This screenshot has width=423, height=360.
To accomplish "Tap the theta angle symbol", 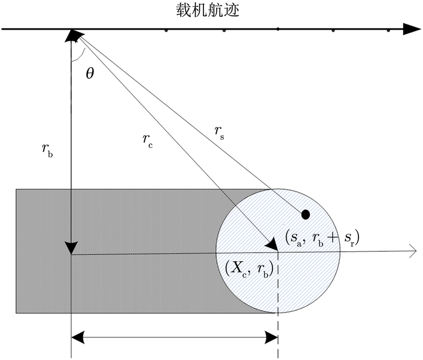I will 90,73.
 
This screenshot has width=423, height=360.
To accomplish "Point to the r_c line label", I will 147,141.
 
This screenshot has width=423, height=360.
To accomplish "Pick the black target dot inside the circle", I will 305,214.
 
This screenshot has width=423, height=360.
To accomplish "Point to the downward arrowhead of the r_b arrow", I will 71,247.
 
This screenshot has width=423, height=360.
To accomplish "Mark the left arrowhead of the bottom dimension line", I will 77,336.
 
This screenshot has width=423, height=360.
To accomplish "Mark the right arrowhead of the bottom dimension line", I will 272,336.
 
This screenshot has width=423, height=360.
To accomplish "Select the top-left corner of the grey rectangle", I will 16,189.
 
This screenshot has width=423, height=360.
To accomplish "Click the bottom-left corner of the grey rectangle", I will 16,313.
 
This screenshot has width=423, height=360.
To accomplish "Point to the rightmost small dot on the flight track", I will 389,31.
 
